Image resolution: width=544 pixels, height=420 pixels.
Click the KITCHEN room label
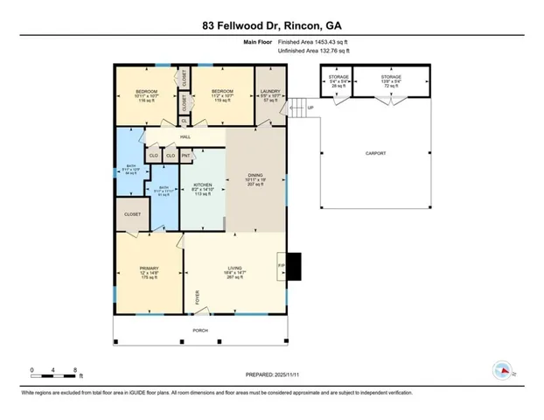pyautogui.click(x=203, y=185)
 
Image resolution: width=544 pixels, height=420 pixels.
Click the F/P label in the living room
pyautogui.click(x=282, y=264)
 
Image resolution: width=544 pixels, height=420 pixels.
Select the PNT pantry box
pyautogui.click(x=185, y=156)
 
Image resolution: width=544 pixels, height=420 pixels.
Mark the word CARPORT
pyautogui.click(x=375, y=153)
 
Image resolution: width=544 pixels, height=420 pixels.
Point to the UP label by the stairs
pyautogui.click(x=310, y=108)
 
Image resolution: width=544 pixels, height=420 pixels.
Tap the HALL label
pyautogui.click(x=185, y=136)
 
